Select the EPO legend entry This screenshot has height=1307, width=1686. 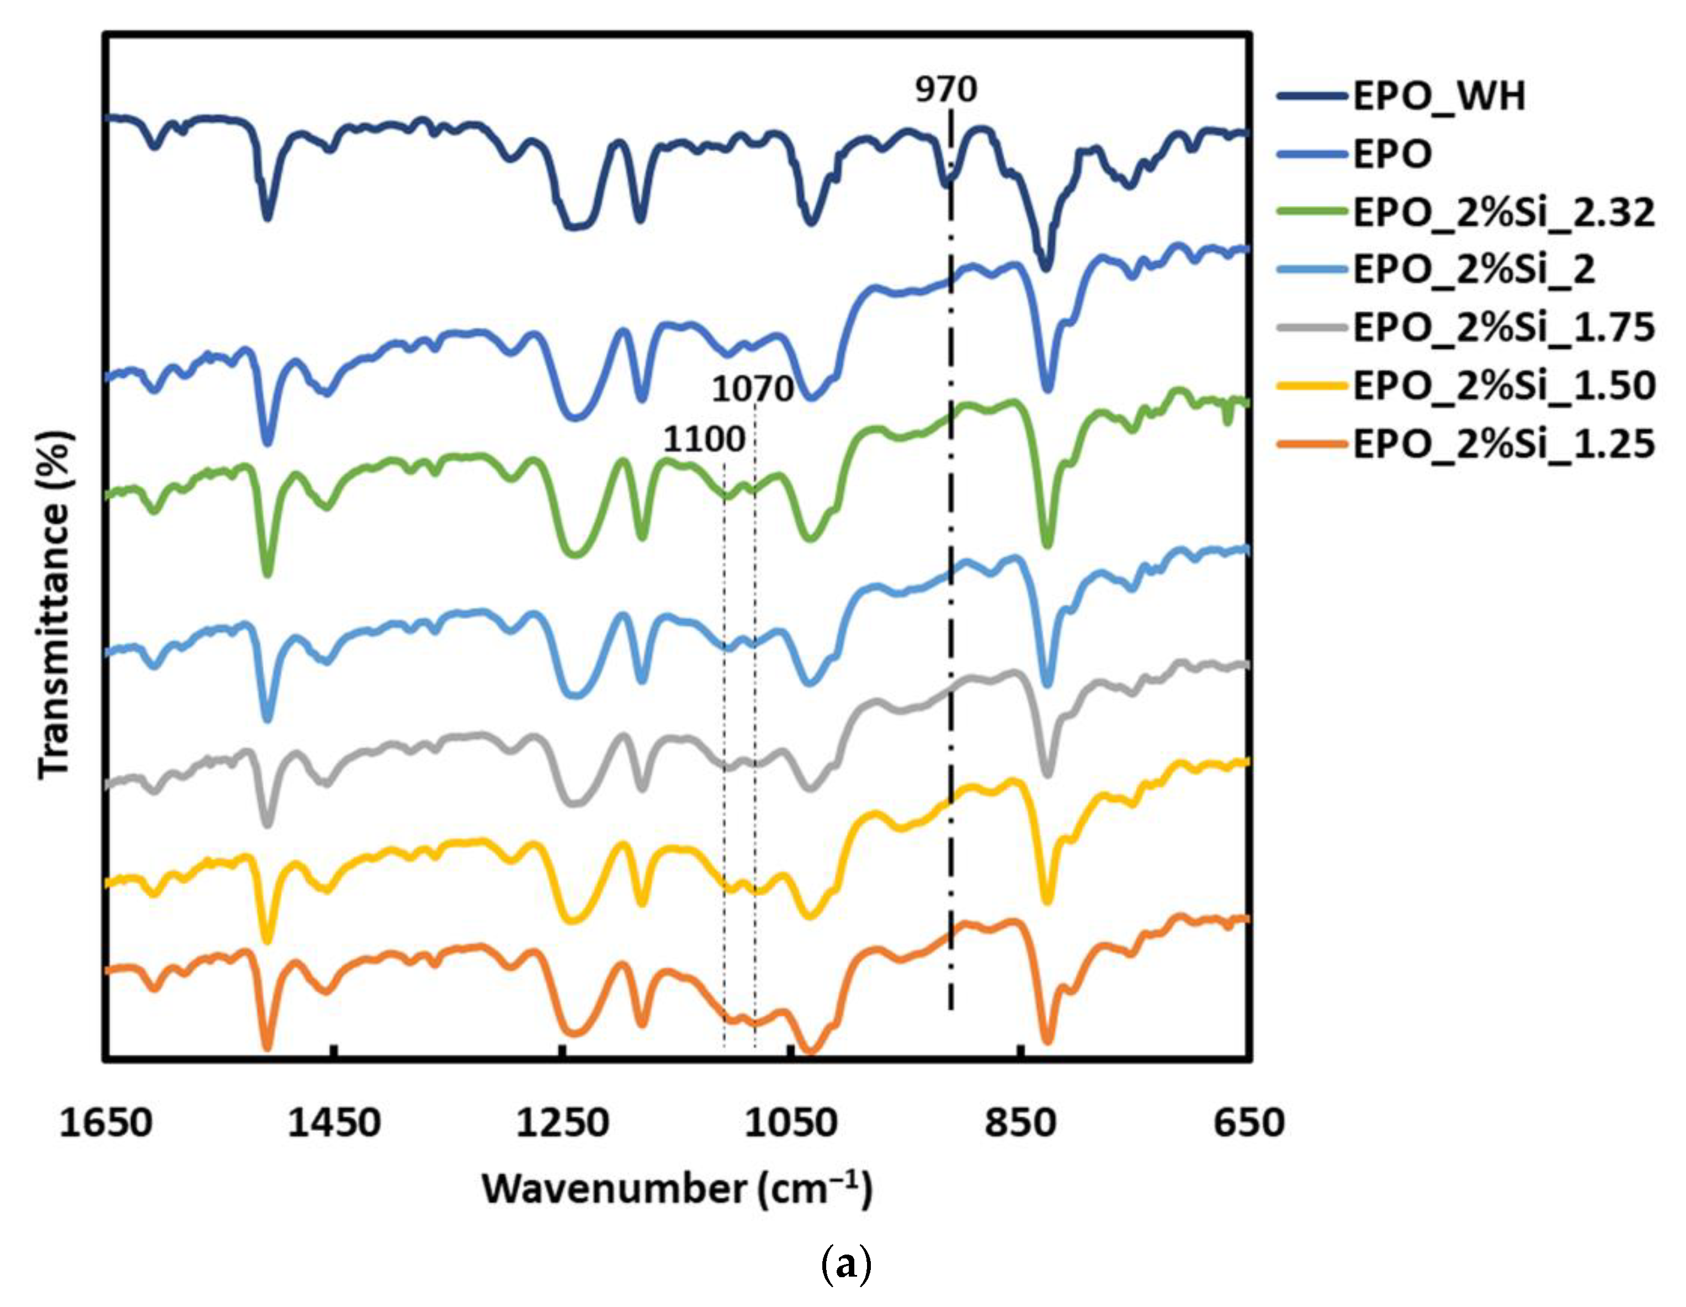pyautogui.click(x=1392, y=155)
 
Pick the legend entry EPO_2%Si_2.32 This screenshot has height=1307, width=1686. pyautogui.click(x=1503, y=212)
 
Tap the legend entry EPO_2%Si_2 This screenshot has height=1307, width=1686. pyautogui.click(x=1473, y=270)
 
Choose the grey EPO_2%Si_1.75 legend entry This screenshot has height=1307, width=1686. pyautogui.click(x=1503, y=327)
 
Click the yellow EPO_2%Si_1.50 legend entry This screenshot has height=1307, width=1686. pyautogui.click(x=1503, y=385)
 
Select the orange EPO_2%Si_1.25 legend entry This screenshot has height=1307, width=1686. pyautogui.click(x=1503, y=443)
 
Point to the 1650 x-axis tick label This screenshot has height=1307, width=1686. pyautogui.click(x=106, y=1123)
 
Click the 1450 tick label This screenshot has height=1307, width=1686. pyautogui.click(x=334, y=1123)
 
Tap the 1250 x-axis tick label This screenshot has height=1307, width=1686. pyautogui.click(x=563, y=1123)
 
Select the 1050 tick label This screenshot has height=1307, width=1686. pyautogui.click(x=791, y=1123)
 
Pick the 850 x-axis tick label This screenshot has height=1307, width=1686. pyautogui.click(x=1020, y=1123)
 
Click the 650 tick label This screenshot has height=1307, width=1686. pyautogui.click(x=1248, y=1123)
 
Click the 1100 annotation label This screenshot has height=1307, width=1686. pyautogui.click(x=704, y=440)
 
